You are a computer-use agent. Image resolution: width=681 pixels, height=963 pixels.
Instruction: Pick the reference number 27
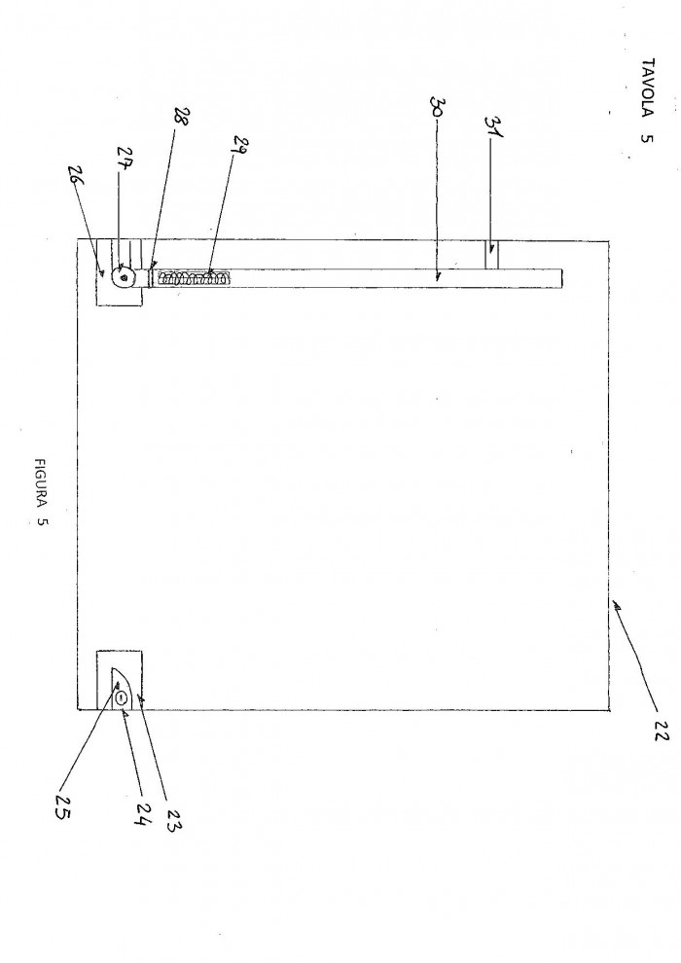click(x=126, y=159)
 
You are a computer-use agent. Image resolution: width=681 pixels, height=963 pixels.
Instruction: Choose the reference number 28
click(x=182, y=117)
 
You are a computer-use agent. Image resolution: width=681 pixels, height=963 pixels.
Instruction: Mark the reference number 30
click(x=440, y=108)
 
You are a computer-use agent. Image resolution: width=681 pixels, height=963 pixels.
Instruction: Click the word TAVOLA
click(x=647, y=87)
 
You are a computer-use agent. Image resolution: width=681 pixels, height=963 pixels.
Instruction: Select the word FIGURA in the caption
click(x=41, y=482)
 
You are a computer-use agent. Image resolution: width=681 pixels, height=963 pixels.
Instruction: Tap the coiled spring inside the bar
click(x=193, y=278)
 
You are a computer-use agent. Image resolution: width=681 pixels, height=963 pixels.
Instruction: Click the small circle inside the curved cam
click(x=122, y=697)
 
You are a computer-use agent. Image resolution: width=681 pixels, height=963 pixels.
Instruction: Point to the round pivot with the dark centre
click(x=125, y=277)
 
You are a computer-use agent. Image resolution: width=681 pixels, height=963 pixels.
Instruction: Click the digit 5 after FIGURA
click(x=41, y=522)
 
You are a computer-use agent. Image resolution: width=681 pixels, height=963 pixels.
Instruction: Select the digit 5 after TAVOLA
click(x=647, y=137)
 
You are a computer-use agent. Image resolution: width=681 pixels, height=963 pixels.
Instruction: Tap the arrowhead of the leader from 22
click(x=615, y=606)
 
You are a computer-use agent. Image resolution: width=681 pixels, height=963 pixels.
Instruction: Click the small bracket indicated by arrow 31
click(x=491, y=255)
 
